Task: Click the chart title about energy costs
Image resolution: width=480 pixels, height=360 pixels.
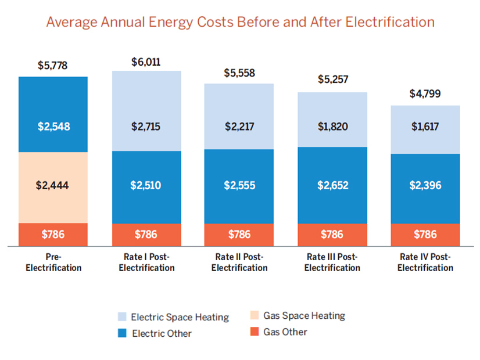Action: click(240, 23)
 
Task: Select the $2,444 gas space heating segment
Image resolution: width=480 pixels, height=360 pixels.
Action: click(53, 187)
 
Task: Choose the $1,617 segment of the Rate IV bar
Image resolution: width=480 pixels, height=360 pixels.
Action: click(425, 129)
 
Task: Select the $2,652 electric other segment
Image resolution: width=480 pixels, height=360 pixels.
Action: click(332, 185)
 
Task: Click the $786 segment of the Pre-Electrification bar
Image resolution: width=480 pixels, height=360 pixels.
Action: click(53, 235)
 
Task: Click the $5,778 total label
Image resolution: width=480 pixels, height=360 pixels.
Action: click(53, 66)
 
